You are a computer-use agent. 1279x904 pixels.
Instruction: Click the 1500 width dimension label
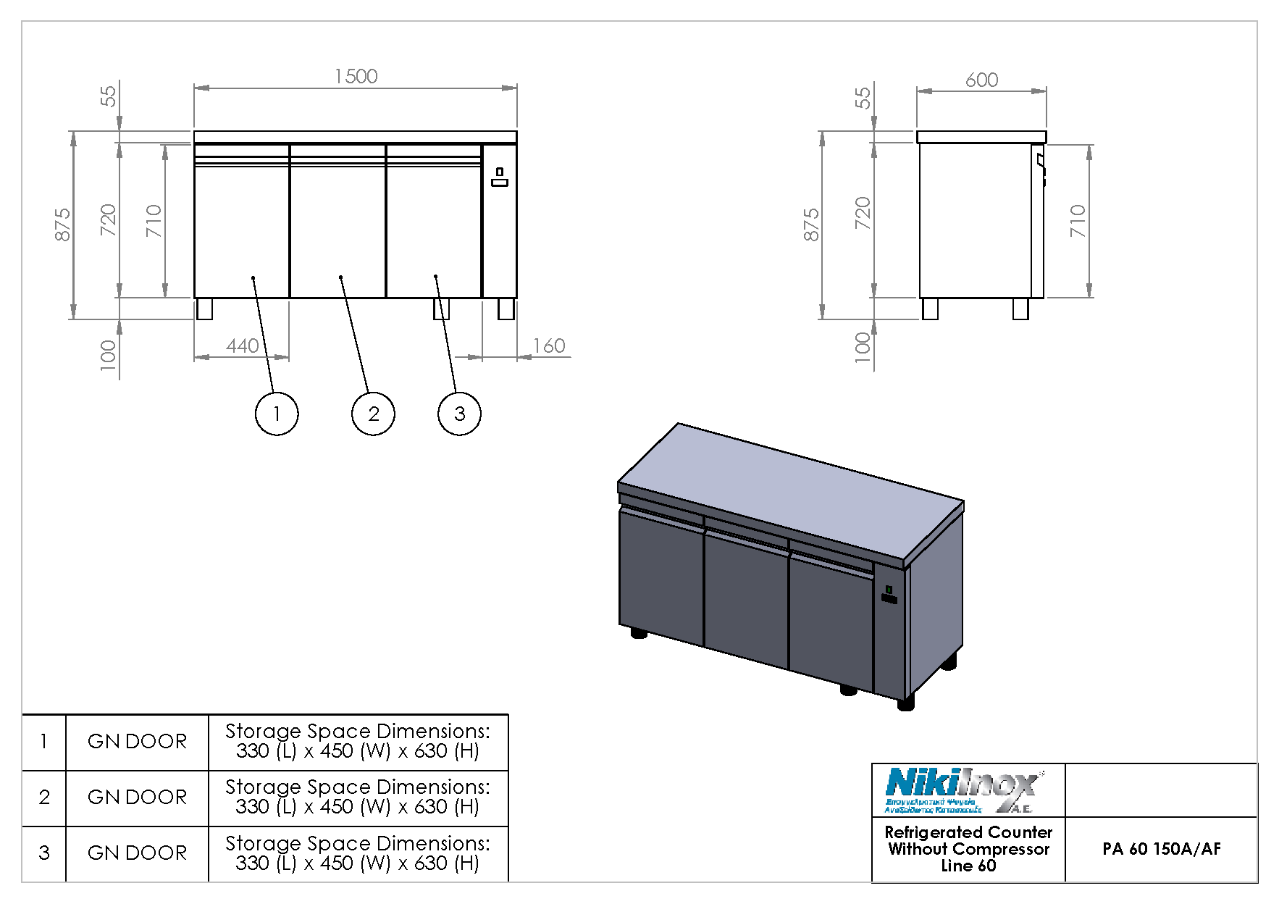356,77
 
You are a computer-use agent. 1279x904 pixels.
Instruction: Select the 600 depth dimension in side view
981,80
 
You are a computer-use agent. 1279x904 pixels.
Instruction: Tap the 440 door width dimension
242,346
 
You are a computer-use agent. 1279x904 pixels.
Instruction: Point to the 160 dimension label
549,346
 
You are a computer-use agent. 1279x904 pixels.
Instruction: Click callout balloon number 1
277,414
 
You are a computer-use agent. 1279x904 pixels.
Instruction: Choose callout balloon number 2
373,414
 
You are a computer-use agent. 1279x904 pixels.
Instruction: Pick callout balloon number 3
459,414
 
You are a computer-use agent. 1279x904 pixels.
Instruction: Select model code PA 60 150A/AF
1161,849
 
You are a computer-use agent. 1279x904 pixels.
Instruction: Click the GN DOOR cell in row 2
137,798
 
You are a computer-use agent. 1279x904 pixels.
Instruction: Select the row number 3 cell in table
44,853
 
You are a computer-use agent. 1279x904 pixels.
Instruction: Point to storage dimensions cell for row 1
358,741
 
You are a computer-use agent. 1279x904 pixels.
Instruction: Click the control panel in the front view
500,177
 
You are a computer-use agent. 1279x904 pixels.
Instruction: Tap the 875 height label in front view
63,225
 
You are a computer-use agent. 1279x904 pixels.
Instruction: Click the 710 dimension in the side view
1078,221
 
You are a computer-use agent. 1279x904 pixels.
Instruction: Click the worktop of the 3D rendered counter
789,493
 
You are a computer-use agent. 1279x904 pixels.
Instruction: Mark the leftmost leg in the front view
205,309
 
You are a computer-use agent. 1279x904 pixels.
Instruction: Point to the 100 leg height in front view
108,355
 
